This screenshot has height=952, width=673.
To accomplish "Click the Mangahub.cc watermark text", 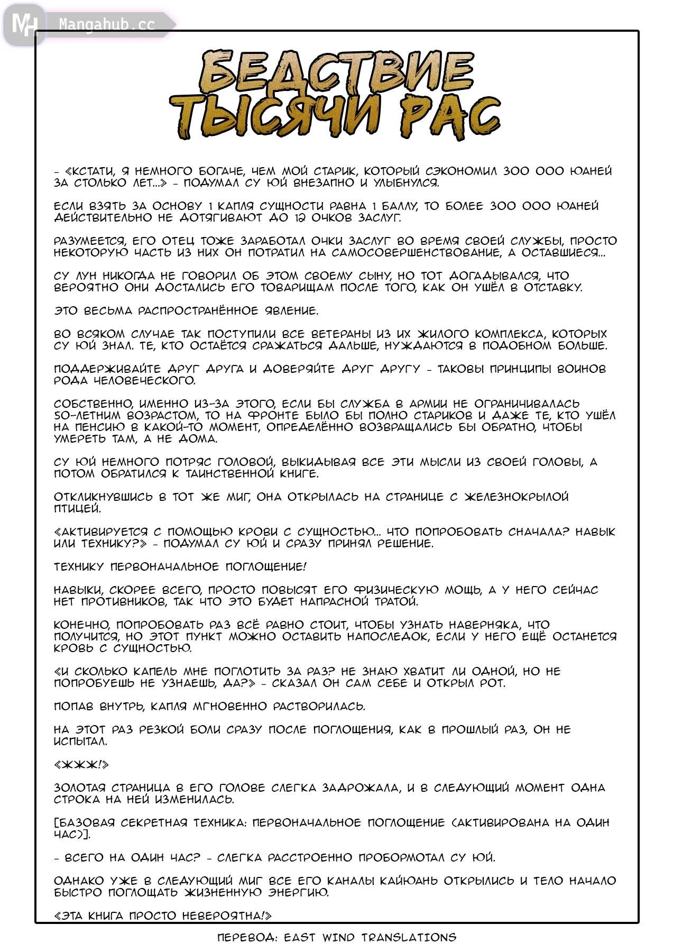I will point(107,25).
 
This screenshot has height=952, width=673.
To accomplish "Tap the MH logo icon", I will point(24,24).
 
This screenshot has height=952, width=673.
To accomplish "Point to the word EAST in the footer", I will point(300,938).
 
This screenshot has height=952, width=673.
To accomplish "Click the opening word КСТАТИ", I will point(90,171).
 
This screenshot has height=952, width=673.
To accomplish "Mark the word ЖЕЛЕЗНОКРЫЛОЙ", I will point(517,497).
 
